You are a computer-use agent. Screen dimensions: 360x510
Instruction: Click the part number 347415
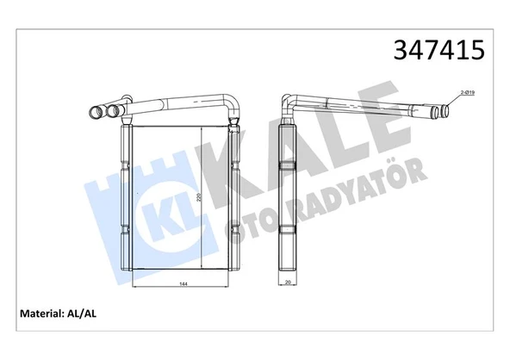(438, 51)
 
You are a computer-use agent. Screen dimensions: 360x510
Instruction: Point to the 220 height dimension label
(197, 198)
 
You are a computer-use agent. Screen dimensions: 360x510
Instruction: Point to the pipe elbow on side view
(289, 105)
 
